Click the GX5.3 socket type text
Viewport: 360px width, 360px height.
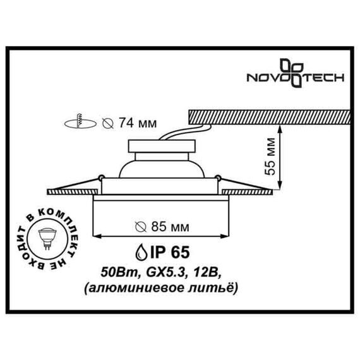pos(158,272)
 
